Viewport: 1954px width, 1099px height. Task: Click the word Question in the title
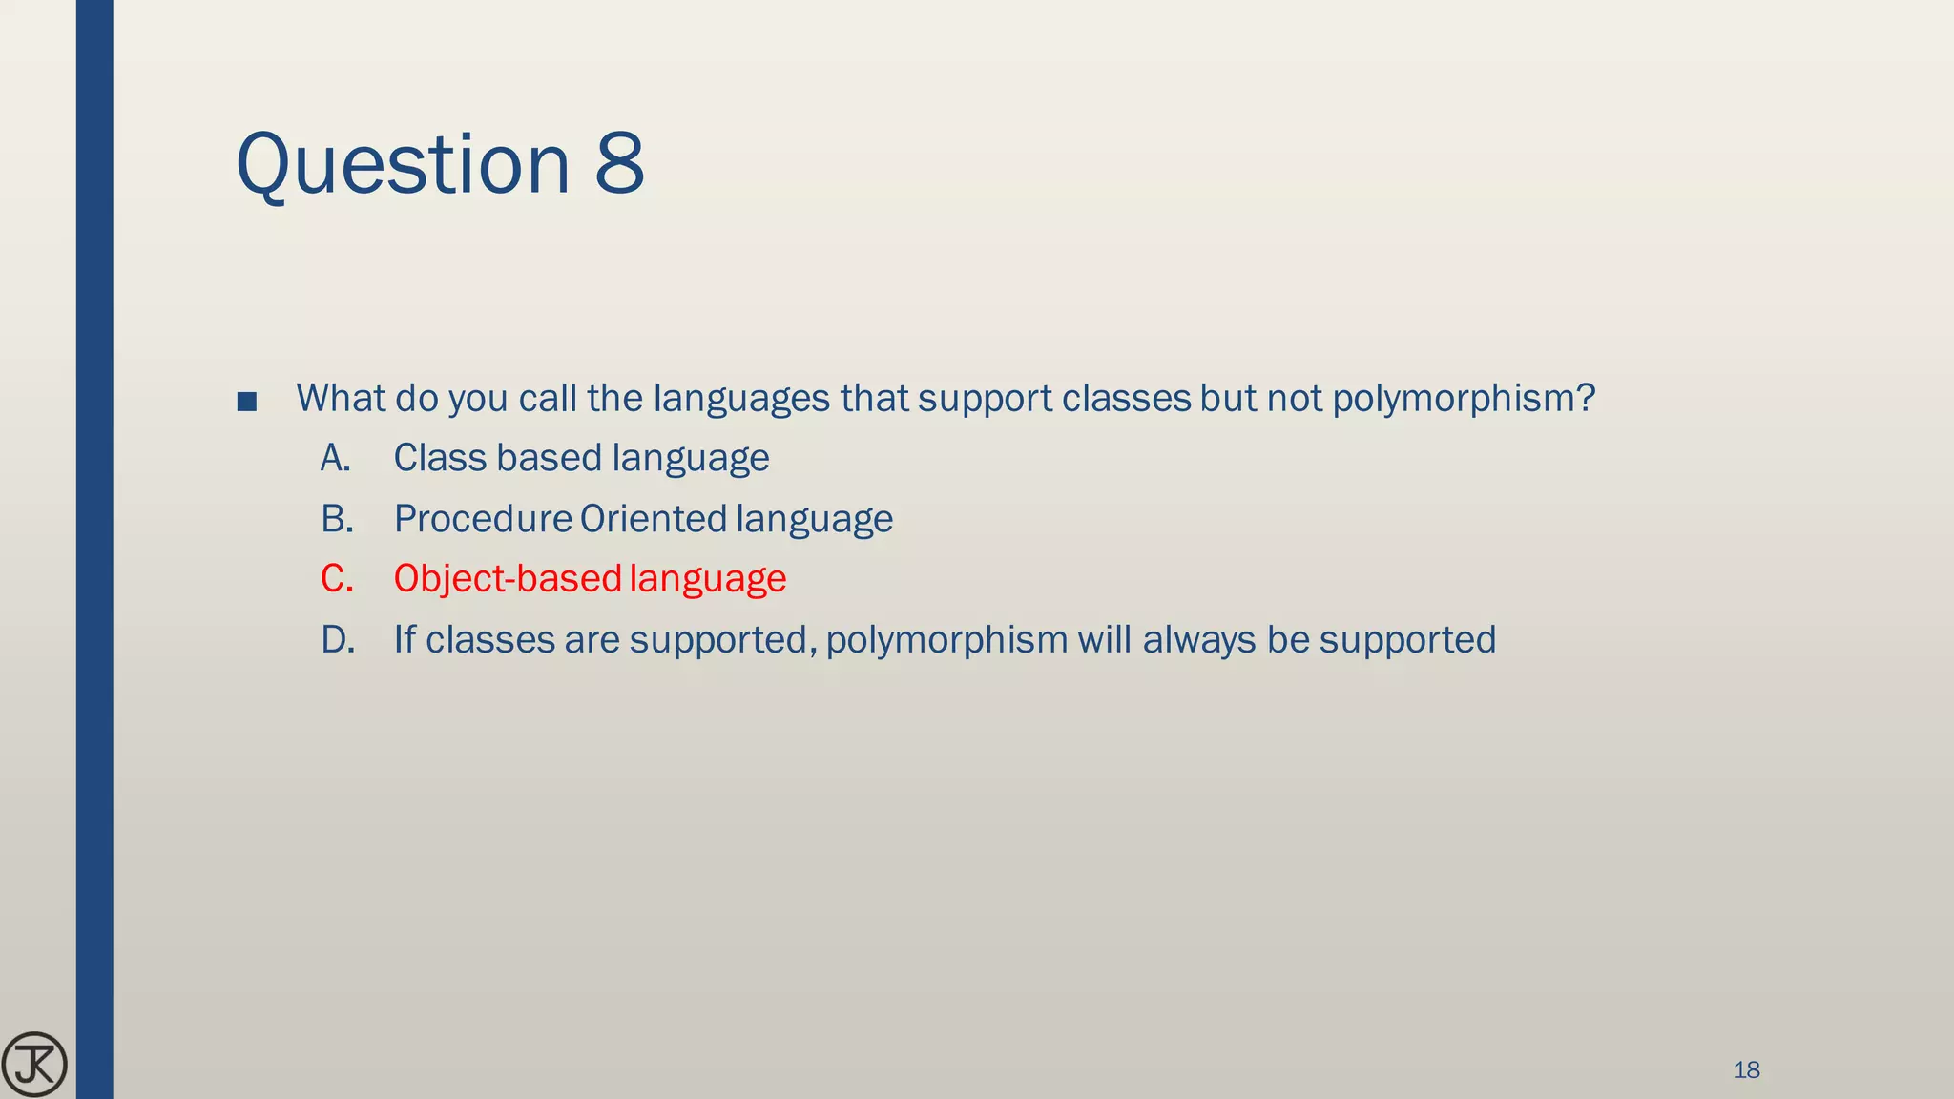tap(403, 164)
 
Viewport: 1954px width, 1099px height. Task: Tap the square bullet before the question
tap(247, 401)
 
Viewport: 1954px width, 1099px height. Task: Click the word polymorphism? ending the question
tap(1463, 399)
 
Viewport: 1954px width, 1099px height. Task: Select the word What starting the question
tap(341, 398)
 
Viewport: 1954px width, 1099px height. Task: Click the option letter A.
tap(335, 458)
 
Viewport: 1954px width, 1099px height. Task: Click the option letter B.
tap(337, 519)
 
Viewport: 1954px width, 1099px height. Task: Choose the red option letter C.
tap(337, 579)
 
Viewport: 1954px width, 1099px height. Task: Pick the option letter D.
tap(338, 639)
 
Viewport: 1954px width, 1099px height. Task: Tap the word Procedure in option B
tap(483, 519)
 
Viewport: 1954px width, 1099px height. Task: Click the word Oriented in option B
tap(654, 519)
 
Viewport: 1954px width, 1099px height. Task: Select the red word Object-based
tap(508, 579)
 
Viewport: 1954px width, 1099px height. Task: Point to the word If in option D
tap(405, 639)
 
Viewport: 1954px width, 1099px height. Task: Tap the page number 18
tap(1746, 1070)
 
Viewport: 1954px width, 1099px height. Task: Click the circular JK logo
tap(34, 1065)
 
